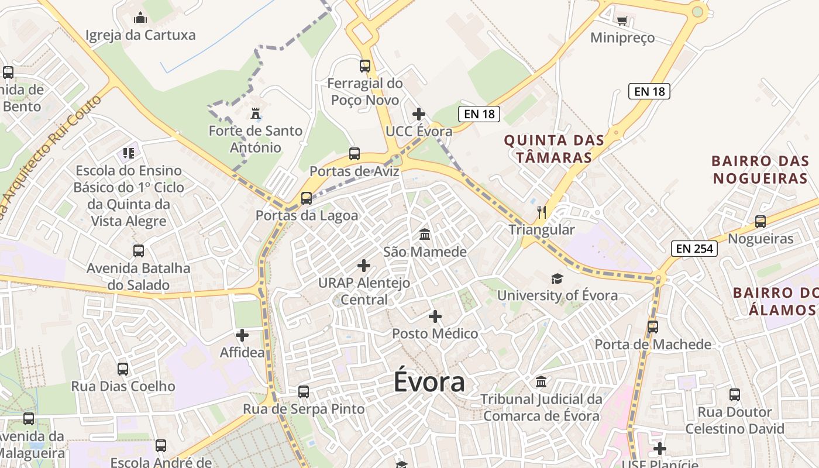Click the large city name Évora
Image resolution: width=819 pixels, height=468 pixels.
tap(429, 383)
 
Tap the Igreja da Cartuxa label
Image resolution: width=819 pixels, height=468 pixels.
tap(140, 35)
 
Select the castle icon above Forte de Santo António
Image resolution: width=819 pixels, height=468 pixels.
tap(255, 112)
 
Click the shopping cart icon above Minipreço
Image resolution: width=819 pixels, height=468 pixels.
tap(622, 20)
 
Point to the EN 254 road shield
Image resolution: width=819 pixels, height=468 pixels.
tap(694, 249)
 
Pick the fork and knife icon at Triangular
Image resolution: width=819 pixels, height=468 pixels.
tap(542, 212)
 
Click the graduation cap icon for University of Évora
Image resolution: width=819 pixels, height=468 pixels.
tap(557, 278)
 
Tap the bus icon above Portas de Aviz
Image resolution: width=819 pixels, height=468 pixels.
tap(354, 154)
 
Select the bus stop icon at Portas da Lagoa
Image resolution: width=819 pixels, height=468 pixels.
tap(307, 198)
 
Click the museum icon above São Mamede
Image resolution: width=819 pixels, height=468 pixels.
tap(425, 235)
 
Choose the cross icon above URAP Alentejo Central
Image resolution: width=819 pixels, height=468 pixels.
tap(364, 266)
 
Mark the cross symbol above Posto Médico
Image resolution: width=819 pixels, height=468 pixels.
tap(435, 316)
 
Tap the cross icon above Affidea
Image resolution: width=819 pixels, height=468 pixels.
tap(242, 335)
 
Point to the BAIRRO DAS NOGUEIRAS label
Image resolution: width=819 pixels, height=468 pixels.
tap(760, 169)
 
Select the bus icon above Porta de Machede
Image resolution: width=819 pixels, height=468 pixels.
tap(652, 327)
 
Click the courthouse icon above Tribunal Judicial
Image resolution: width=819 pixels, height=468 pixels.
tap(541, 382)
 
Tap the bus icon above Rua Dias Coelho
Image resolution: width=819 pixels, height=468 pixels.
tap(123, 369)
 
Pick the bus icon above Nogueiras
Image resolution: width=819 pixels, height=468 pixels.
tap(760, 222)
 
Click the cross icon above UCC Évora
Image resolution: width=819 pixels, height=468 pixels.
tap(419, 114)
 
